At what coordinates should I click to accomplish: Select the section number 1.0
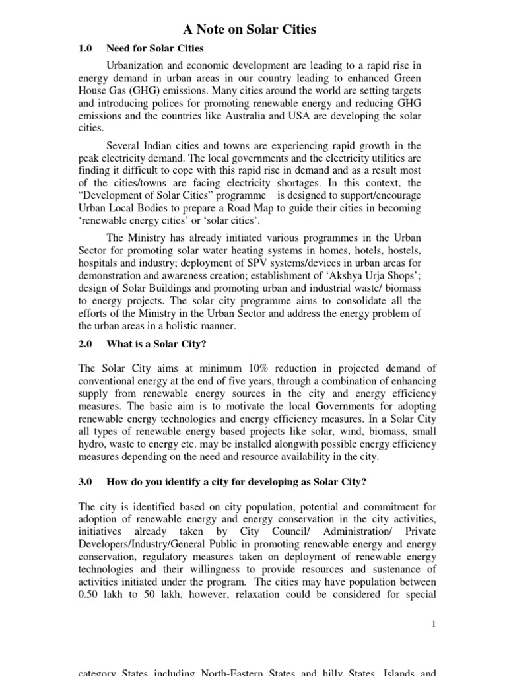(x=85, y=49)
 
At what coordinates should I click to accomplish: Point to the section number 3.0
(x=85, y=482)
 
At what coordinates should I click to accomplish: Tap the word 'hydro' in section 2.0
(x=92, y=443)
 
